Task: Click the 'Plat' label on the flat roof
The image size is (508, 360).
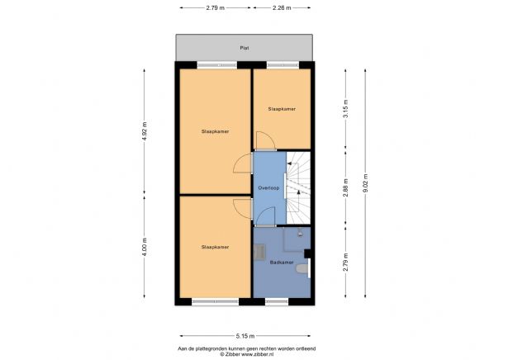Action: (244, 48)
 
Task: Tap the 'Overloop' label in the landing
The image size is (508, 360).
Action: (268, 188)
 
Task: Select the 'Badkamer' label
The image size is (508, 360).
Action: (281, 262)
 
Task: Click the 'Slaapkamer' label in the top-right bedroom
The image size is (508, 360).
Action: (282, 108)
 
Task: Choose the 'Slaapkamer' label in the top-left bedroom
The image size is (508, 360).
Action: (215, 131)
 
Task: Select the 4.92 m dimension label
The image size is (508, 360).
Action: (145, 131)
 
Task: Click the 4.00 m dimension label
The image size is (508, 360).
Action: (145, 248)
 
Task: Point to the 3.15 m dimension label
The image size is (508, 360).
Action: (346, 107)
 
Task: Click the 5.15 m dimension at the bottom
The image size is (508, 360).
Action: (244, 334)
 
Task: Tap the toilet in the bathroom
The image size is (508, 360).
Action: (305, 268)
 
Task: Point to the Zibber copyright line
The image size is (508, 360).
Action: (244, 353)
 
